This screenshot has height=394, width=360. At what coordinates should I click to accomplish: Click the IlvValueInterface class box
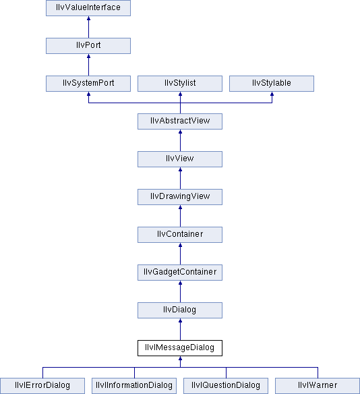point(88,8)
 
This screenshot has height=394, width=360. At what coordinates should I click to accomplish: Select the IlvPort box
point(88,46)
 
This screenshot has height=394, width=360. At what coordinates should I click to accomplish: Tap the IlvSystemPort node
point(88,84)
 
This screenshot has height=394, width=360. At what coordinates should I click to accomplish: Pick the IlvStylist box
point(180,84)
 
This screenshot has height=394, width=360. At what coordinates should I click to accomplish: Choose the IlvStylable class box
point(272,84)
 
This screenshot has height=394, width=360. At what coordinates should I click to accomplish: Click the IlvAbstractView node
point(180,121)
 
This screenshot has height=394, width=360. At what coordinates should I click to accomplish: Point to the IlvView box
point(180,159)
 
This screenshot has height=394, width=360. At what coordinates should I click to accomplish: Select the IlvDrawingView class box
point(180,197)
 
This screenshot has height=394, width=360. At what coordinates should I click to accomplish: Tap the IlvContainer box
point(180,235)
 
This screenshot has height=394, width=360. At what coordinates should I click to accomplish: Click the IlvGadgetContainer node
point(180,273)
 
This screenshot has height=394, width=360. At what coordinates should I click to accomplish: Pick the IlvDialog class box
point(180,310)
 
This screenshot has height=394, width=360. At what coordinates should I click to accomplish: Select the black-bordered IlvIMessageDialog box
point(180,348)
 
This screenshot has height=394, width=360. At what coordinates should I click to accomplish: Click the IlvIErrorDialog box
point(42,386)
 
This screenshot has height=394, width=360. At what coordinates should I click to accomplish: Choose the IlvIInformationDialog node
point(134,386)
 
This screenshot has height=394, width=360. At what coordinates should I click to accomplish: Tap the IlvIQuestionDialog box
point(226,386)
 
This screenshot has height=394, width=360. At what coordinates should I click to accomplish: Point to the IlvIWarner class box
point(318,386)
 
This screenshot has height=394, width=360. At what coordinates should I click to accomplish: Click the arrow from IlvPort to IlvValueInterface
point(88,27)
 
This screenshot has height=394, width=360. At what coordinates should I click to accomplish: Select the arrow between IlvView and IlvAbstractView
point(180,140)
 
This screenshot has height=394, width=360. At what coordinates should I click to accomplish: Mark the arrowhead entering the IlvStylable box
point(272,94)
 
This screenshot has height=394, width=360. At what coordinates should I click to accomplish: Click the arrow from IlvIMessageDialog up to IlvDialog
point(180,329)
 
